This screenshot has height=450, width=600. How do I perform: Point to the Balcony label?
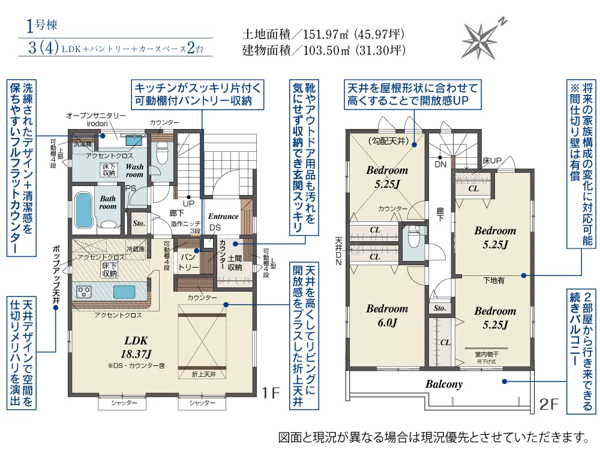[444, 384]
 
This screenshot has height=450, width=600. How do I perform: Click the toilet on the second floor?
[413, 239]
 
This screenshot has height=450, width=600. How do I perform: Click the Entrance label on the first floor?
[223, 217]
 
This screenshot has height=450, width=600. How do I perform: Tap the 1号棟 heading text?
[42, 26]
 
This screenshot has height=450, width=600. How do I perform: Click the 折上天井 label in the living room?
[204, 374]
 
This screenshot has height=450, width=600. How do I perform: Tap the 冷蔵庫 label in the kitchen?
[136, 249]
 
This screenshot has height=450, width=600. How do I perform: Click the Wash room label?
[134, 170]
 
